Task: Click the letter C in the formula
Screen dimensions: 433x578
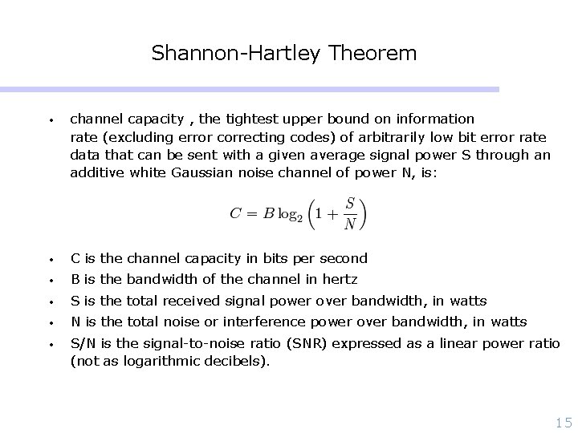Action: tap(236, 212)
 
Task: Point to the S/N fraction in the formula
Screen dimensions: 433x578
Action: tap(350, 212)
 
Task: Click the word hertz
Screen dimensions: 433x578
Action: tap(339, 279)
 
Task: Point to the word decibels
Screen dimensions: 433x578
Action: tap(238, 361)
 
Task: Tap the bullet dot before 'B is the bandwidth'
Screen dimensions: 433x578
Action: tap(51, 280)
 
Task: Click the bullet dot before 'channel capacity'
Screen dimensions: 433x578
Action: tap(51, 119)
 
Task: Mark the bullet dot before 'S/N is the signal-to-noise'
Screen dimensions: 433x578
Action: tap(51, 344)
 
